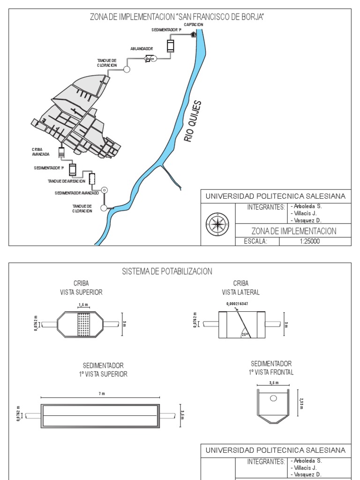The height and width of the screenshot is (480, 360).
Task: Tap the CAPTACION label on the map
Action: pos(197,24)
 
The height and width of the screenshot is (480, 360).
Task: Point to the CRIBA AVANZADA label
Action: pos(34,151)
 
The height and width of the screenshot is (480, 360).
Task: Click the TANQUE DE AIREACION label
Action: pos(67,181)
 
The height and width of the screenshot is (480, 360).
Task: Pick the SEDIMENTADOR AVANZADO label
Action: pos(76,193)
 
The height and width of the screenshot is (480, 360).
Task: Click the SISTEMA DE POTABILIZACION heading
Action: pos(167,271)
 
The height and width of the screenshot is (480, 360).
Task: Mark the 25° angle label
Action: pos(245,335)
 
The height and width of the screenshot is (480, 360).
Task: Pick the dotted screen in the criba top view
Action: pos(83,324)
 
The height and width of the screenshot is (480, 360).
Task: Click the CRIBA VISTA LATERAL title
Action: pos(240,288)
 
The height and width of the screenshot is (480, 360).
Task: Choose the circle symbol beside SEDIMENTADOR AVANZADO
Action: pos(105,190)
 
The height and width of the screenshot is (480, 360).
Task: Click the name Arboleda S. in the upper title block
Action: pos(307,206)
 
